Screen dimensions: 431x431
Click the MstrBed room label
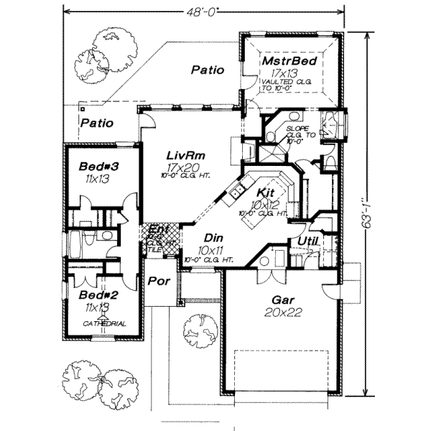tap(280, 63)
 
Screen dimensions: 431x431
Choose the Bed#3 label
tap(98, 167)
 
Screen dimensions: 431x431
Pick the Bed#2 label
tap(95, 295)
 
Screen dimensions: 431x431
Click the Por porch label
tap(159, 281)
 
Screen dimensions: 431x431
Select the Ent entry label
tap(159, 229)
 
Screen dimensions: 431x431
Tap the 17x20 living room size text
tap(184, 167)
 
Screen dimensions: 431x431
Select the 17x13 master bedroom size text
tap(281, 74)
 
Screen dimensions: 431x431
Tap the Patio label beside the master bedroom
tap(208, 70)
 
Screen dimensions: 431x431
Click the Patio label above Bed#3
tap(96, 123)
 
